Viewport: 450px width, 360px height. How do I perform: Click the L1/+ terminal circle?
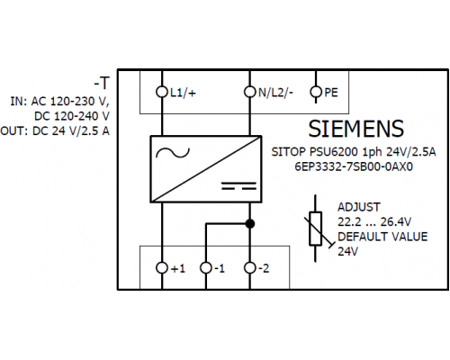(x=162, y=92)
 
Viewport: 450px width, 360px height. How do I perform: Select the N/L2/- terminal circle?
(x=249, y=92)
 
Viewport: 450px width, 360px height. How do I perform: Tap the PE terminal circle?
(x=316, y=92)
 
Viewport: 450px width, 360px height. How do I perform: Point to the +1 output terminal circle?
(x=162, y=267)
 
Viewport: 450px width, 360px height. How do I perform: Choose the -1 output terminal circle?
(x=206, y=267)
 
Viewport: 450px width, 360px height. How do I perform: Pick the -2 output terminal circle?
(x=249, y=267)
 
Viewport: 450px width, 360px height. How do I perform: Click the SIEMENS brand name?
(x=356, y=129)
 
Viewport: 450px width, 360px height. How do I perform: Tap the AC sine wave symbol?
(x=173, y=153)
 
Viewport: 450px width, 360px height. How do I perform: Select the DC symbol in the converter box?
(x=238, y=185)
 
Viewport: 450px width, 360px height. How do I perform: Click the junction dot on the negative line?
(x=250, y=223)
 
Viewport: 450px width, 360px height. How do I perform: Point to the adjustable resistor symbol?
(x=315, y=229)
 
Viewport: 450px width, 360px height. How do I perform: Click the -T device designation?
(x=102, y=83)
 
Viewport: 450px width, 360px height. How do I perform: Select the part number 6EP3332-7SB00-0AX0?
(x=354, y=166)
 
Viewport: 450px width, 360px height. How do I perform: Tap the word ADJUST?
(x=359, y=207)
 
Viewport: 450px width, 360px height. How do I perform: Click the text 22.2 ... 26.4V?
(x=374, y=222)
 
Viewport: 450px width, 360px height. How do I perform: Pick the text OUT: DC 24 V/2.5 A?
(x=55, y=131)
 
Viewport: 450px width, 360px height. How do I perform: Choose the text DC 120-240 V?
(x=72, y=116)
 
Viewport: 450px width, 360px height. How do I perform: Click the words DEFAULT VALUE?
(x=382, y=237)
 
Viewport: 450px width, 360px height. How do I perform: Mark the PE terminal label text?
(x=331, y=93)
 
